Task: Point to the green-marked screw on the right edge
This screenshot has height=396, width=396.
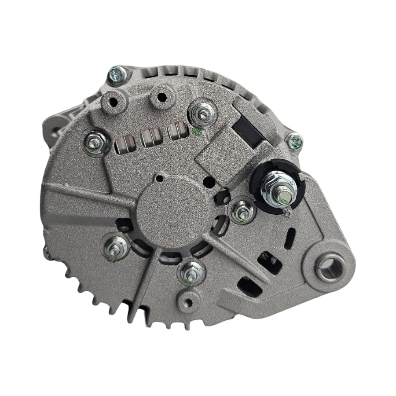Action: click(294, 140)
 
